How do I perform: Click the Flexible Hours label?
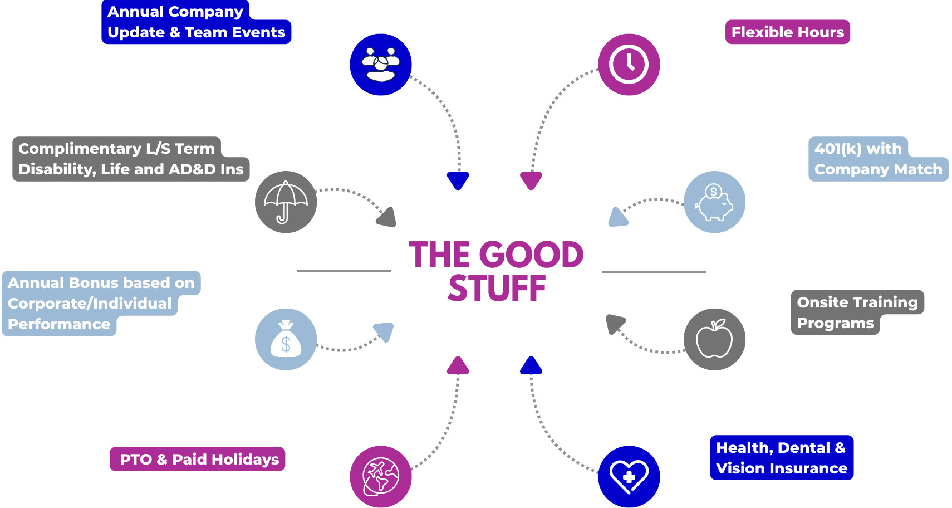click(x=787, y=32)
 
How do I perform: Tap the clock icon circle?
click(x=629, y=65)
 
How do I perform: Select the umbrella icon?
click(x=286, y=202)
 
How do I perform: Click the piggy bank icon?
click(x=714, y=202)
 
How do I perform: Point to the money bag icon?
click(x=286, y=339)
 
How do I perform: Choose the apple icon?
click(x=714, y=339)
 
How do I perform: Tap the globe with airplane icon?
click(x=381, y=477)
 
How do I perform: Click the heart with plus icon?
click(x=629, y=477)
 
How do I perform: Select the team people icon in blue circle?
click(x=381, y=65)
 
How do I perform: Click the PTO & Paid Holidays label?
click(x=198, y=460)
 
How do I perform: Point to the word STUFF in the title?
click(x=497, y=289)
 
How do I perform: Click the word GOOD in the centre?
click(x=531, y=255)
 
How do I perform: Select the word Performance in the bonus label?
click(x=59, y=324)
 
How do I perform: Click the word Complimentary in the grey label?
click(x=80, y=149)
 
